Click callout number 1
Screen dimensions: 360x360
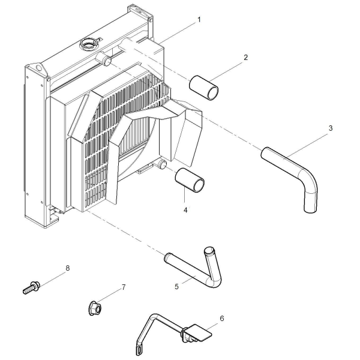(x=199, y=20)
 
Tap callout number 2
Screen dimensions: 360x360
(x=245, y=58)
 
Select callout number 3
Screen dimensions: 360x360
(x=331, y=128)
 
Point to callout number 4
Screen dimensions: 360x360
(x=185, y=210)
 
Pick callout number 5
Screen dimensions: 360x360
(x=176, y=287)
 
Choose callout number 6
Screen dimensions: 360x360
(x=222, y=319)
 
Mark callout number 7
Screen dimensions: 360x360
(x=124, y=287)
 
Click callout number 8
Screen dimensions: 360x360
(x=67, y=268)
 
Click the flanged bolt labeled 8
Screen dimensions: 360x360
(x=31, y=287)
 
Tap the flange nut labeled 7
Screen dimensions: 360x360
(x=95, y=308)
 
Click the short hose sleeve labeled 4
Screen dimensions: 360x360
(x=190, y=181)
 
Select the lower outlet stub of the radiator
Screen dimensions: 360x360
(x=163, y=164)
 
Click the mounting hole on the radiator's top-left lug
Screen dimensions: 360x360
(x=39, y=68)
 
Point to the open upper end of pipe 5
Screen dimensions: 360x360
(x=209, y=250)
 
